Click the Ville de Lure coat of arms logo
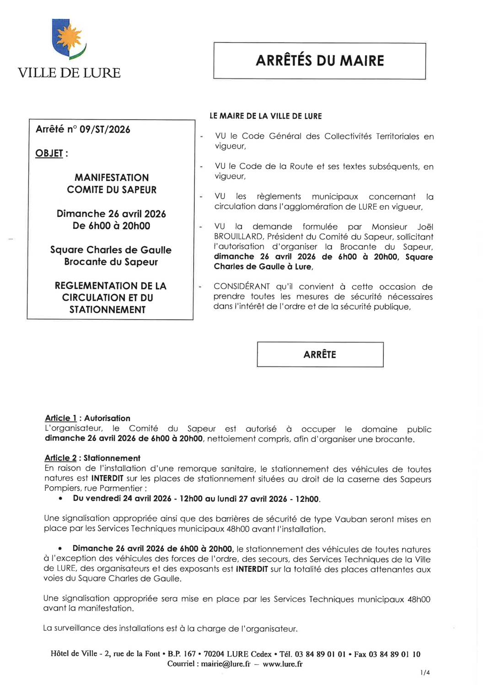69,39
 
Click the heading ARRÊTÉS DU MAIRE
320,60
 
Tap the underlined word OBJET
49,153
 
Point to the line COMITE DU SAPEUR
112,190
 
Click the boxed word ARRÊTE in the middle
320,354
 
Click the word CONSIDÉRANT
242,287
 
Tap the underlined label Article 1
60,418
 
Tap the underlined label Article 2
60,458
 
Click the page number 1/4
425,673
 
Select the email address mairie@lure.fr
225,664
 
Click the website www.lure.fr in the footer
282,664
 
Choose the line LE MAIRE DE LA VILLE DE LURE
266,116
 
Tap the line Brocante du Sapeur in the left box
111,262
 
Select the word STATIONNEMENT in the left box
108,310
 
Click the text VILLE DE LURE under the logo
69,73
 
